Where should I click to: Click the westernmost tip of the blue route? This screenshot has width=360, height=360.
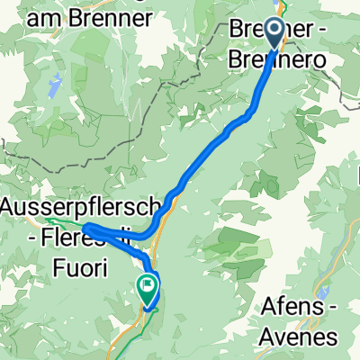pos(86,226)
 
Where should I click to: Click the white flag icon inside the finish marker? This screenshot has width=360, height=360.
pos(147,285)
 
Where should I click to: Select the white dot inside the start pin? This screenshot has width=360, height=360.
pos(274,30)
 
